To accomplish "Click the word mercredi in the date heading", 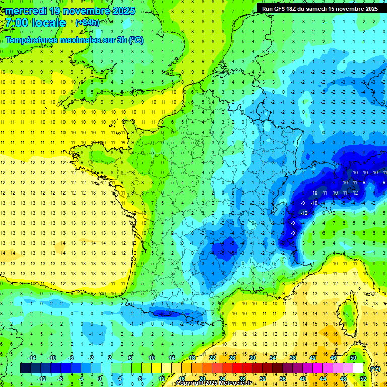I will click(27, 11).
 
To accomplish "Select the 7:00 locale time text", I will click(36, 23).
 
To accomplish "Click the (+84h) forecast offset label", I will click(87, 23).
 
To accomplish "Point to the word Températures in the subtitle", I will click(32, 40).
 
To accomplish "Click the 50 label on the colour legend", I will click(353, 357).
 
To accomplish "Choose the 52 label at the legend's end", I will click(363, 378).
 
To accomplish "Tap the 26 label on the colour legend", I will click(232, 357).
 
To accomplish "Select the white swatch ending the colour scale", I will click(358, 368).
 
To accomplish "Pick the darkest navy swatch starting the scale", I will click(25, 368).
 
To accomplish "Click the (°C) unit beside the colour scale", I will click(375, 368).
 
